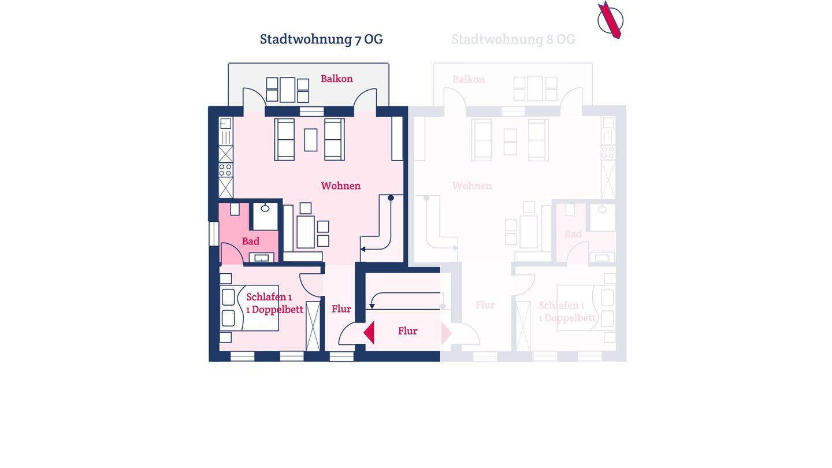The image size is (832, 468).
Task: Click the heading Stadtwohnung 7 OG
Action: point(321,39)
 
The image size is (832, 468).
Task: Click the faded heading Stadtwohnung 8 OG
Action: point(513,39)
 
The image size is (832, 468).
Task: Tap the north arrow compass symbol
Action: point(610,20)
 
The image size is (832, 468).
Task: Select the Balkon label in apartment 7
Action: point(336,79)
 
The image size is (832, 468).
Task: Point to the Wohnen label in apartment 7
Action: point(341,185)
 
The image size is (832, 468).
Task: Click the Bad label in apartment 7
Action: point(250,242)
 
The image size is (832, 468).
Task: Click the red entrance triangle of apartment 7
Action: point(369,333)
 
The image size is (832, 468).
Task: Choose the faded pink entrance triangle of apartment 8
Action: point(446,333)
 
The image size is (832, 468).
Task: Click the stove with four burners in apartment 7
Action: point(225,170)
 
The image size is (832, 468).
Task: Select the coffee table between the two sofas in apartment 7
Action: point(310,140)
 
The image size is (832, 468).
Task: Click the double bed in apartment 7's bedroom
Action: point(249,308)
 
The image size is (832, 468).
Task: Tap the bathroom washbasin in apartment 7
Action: point(262,258)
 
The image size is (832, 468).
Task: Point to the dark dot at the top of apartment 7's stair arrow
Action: point(391,198)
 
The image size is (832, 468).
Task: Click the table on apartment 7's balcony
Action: point(288,90)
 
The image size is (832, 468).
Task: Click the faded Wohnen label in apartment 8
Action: point(472,185)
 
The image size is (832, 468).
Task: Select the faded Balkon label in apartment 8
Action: point(469,79)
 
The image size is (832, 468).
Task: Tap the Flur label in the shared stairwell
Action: point(407,331)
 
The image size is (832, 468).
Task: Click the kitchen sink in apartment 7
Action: point(225,124)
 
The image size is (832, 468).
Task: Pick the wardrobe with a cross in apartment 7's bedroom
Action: point(313,326)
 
